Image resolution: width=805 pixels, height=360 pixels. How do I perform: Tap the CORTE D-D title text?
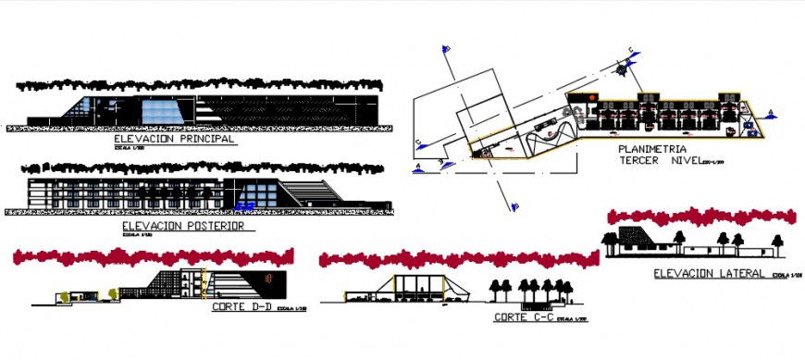(241, 306)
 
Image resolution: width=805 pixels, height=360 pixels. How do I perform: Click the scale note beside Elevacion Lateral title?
(782, 275)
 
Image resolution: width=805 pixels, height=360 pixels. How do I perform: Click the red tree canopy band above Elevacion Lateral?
(700, 217)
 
